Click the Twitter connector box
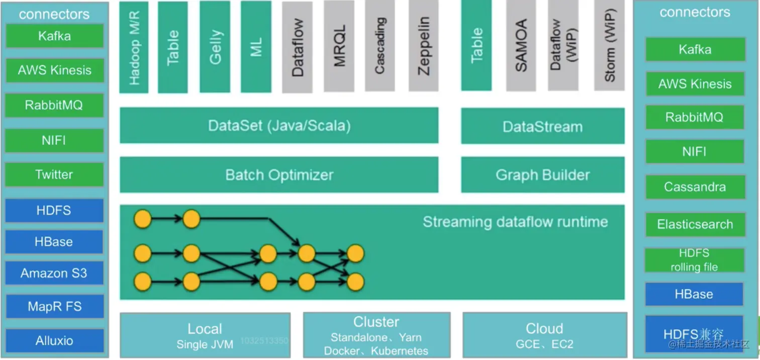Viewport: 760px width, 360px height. (54, 174)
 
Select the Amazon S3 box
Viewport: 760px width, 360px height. (54, 274)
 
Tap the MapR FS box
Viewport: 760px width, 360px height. (54, 306)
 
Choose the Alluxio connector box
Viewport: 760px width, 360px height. (54, 340)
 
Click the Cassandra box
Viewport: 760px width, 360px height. (694, 187)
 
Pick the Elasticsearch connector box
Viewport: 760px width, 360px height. (694, 224)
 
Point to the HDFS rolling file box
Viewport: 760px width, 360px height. (694, 260)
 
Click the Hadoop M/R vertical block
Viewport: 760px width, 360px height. (134, 47)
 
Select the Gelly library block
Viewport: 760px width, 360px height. (215, 47)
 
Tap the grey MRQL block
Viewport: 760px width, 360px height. (339, 46)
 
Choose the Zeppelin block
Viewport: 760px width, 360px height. (423, 46)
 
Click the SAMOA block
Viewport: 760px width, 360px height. (521, 46)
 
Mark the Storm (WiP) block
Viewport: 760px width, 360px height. (609, 46)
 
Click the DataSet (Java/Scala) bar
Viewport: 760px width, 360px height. (279, 125)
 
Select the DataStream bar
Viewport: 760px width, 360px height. (543, 126)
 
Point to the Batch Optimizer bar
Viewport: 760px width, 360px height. (279, 175)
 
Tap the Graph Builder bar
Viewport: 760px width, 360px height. (543, 175)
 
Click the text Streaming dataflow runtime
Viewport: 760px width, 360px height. (515, 222)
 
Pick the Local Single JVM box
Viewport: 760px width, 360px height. (205, 335)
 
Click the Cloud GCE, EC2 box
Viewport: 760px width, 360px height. (544, 335)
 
